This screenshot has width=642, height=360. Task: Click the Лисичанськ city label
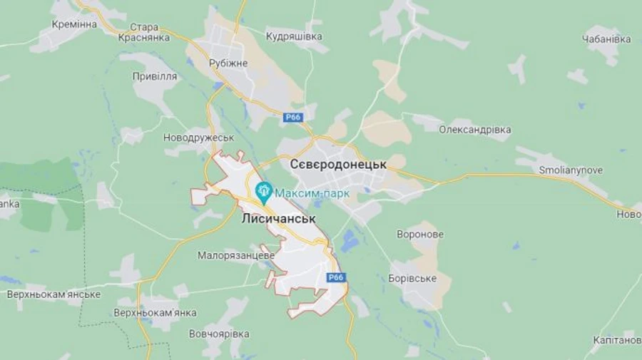tap(278, 219)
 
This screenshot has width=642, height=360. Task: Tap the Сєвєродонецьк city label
tap(338, 164)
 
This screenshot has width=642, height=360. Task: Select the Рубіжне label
tap(228, 63)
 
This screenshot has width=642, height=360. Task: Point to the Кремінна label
tap(74, 24)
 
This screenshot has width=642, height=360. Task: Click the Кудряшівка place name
tap(294, 36)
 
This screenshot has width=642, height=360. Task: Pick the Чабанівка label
tap(607, 39)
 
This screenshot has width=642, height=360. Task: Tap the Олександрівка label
tap(475, 130)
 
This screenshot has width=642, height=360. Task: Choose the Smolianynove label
tap(570, 170)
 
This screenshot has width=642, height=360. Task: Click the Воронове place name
tap(420, 234)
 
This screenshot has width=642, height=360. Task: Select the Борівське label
tap(413, 278)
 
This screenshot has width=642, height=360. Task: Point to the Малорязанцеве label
tap(237, 255)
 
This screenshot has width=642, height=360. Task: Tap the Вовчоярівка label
tap(219, 334)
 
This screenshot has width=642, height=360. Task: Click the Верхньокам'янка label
tap(155, 312)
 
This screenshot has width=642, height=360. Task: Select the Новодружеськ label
tap(198, 138)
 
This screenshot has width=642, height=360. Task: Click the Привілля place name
tap(155, 76)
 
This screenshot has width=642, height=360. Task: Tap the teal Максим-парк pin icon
tap(264, 190)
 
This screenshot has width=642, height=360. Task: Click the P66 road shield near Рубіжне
tap(292, 118)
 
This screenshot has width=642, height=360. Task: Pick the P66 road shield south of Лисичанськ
tap(336, 277)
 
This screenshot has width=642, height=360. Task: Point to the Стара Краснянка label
tap(145, 33)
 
